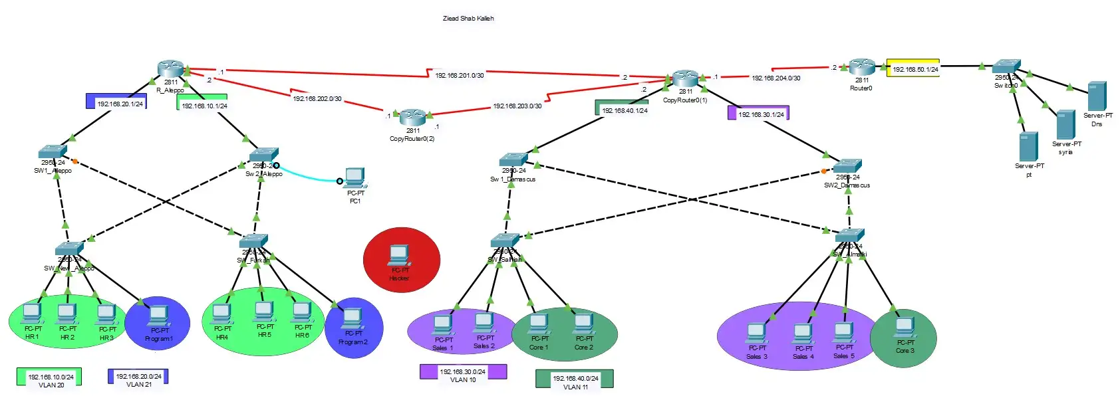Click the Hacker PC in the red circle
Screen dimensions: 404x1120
(x=398, y=255)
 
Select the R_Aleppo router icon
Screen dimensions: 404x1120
(x=171, y=69)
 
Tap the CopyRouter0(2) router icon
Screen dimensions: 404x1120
(x=412, y=118)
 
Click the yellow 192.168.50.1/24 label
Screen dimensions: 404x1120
(x=913, y=68)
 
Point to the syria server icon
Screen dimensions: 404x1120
(x=1065, y=124)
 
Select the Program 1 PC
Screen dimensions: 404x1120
(x=158, y=316)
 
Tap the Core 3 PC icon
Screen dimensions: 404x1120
(x=905, y=328)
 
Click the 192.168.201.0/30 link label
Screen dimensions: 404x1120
(x=459, y=75)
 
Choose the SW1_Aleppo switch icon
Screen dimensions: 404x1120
(x=53, y=151)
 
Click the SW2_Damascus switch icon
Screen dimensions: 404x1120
(x=847, y=166)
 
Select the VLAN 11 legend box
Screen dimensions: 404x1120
(x=575, y=379)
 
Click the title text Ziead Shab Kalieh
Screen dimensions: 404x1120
(x=468, y=19)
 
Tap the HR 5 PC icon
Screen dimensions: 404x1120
(x=264, y=312)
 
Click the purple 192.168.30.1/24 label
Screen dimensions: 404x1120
(x=759, y=114)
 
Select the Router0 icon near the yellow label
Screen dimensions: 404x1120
(x=861, y=67)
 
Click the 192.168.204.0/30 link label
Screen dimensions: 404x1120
(x=775, y=78)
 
